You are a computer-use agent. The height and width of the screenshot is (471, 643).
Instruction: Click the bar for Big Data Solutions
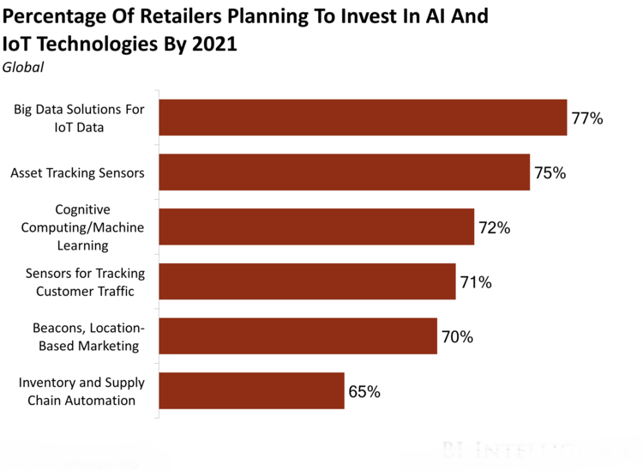click(x=363, y=118)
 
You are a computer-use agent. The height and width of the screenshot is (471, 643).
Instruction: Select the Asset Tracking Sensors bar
click(x=344, y=172)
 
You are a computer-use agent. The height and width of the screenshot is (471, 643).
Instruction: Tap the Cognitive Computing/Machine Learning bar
click(x=316, y=227)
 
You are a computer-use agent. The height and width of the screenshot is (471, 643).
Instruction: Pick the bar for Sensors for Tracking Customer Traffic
click(x=307, y=281)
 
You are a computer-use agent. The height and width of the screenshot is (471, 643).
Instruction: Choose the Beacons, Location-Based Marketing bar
click(x=297, y=336)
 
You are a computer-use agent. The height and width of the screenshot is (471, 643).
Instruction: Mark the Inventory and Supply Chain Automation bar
click(x=251, y=391)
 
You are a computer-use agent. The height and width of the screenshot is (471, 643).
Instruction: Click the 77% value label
click(x=587, y=118)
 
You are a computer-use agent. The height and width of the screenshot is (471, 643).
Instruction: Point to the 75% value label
click(x=550, y=173)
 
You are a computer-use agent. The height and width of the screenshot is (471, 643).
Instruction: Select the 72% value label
click(x=494, y=228)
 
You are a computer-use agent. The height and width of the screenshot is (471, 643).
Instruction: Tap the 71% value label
click(x=476, y=282)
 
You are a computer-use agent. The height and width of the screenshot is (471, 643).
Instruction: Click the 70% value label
click(x=457, y=337)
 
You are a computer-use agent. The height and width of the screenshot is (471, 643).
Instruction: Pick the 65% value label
click(x=364, y=392)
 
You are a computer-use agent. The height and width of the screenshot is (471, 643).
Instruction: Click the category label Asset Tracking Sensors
click(x=77, y=173)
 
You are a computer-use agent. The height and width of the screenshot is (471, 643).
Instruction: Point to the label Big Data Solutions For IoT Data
click(x=79, y=118)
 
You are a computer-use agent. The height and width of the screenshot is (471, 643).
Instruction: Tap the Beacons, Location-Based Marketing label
click(x=88, y=337)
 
